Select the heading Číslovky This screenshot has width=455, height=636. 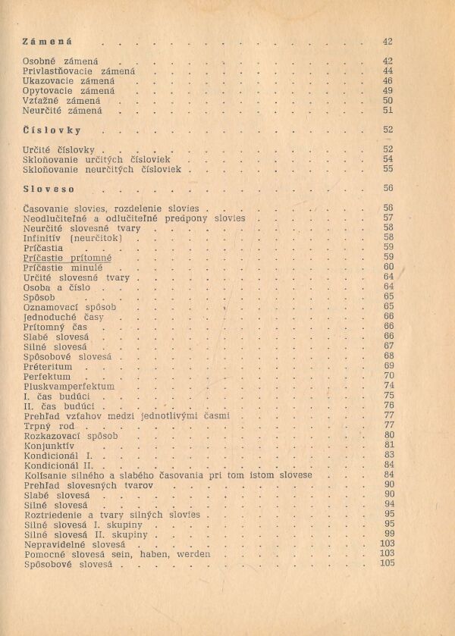[x=52, y=130]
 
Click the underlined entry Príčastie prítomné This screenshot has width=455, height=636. [x=67, y=258]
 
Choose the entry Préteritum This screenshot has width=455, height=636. [x=48, y=366]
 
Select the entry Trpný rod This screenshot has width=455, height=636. [x=49, y=426]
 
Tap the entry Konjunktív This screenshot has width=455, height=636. [x=49, y=446]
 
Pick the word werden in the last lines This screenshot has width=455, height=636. [x=193, y=554]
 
